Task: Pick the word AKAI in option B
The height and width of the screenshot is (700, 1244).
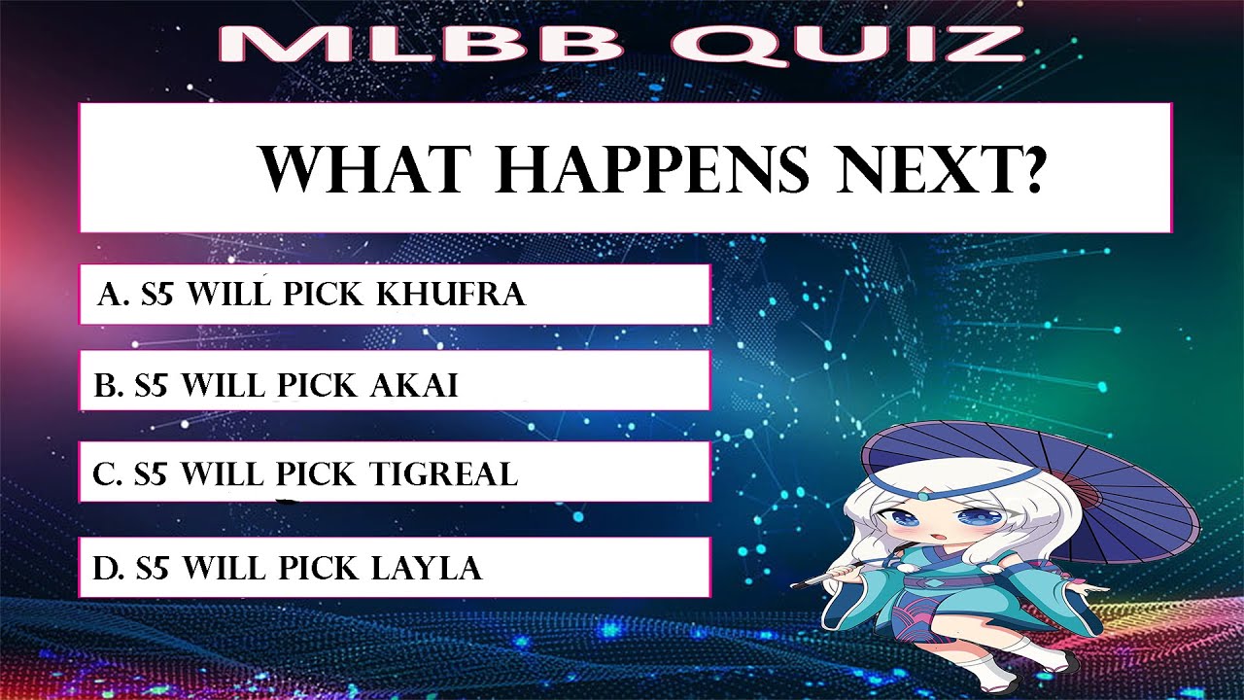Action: (x=414, y=386)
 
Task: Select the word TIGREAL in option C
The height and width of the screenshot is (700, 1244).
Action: (x=443, y=473)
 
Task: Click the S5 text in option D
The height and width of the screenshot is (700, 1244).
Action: (x=154, y=566)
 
